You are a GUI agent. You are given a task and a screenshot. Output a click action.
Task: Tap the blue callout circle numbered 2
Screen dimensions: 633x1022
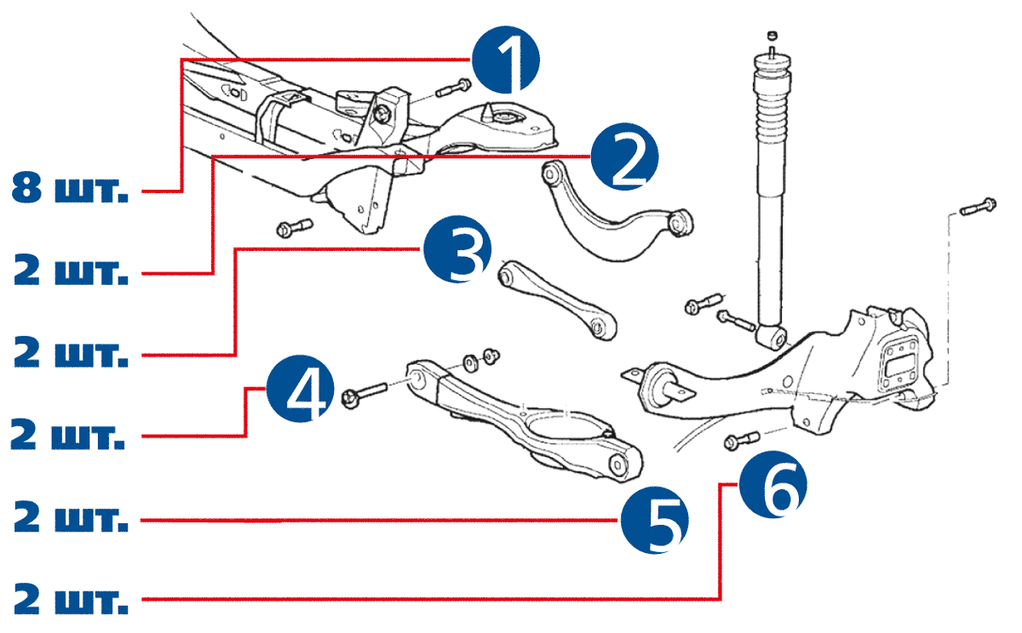[x=626, y=157]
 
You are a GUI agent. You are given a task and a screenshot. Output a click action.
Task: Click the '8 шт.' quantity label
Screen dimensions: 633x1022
[x=71, y=189]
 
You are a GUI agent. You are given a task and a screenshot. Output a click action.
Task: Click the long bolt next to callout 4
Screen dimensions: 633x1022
[x=364, y=395]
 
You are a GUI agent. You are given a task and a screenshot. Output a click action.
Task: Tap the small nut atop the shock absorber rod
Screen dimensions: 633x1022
[x=772, y=35]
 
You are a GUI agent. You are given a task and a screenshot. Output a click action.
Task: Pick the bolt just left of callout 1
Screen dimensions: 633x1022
[x=453, y=87]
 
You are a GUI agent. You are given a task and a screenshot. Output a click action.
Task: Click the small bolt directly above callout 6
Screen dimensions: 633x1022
[x=741, y=440]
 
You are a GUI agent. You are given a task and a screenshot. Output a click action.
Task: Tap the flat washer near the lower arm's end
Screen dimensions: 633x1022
[x=471, y=362]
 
